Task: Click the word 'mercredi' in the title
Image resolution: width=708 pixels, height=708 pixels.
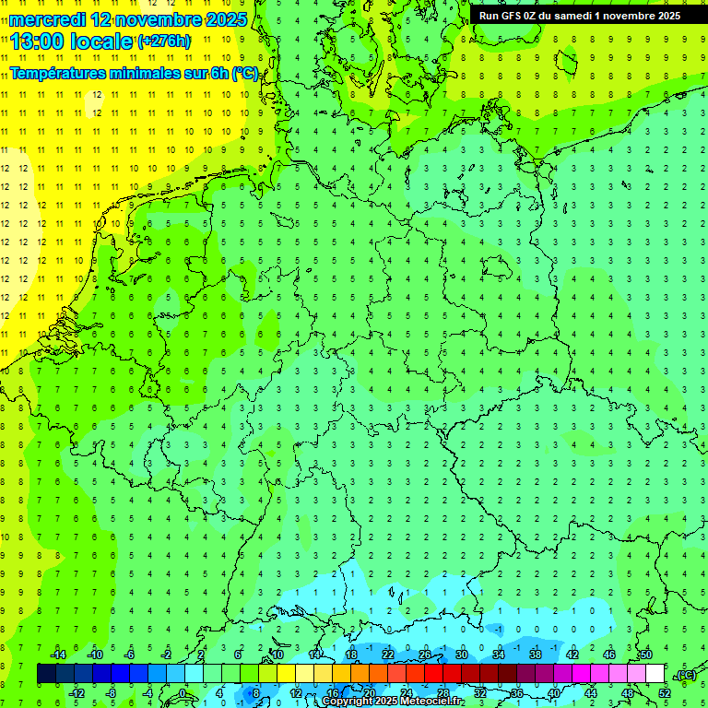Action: (x=47, y=19)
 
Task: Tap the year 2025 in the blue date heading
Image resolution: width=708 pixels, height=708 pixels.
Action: (x=221, y=19)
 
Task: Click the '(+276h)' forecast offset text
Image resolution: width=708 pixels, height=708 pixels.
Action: (x=164, y=41)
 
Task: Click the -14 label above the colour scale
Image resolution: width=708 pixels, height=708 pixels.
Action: (x=57, y=655)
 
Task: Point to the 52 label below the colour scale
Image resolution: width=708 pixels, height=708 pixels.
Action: (x=665, y=693)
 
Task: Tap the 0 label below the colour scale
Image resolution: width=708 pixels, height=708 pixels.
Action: (x=183, y=693)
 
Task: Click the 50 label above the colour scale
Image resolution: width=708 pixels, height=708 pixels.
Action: (x=646, y=655)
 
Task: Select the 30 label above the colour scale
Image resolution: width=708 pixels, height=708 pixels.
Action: (x=461, y=655)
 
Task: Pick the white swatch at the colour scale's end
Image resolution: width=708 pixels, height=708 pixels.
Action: (x=655, y=674)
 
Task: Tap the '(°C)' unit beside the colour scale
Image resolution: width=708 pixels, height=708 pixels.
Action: (x=684, y=675)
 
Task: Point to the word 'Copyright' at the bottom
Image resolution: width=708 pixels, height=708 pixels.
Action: (x=348, y=702)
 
